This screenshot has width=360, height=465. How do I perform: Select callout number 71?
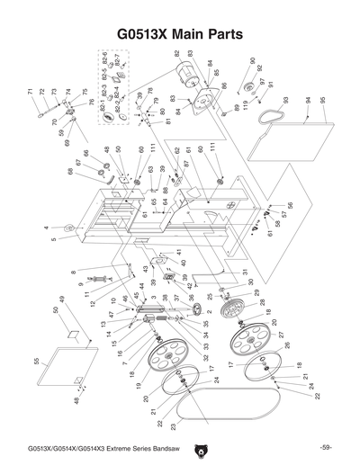click(x=31, y=93)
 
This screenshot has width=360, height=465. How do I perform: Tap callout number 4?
click(x=46, y=228)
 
